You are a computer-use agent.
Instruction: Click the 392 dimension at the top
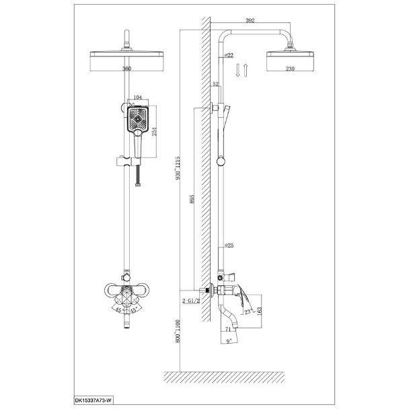point(250,20)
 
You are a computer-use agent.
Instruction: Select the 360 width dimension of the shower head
point(126,69)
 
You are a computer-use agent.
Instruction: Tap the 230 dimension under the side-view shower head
point(290,69)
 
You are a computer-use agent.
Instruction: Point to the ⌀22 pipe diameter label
point(229,55)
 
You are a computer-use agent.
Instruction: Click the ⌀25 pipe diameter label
point(229,246)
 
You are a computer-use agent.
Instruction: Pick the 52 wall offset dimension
point(216,83)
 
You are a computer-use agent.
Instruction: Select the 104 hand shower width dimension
point(137,98)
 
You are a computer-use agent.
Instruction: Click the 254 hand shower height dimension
point(154,131)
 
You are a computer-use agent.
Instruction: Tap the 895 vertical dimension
point(192,198)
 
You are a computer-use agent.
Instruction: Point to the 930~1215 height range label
point(178,168)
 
